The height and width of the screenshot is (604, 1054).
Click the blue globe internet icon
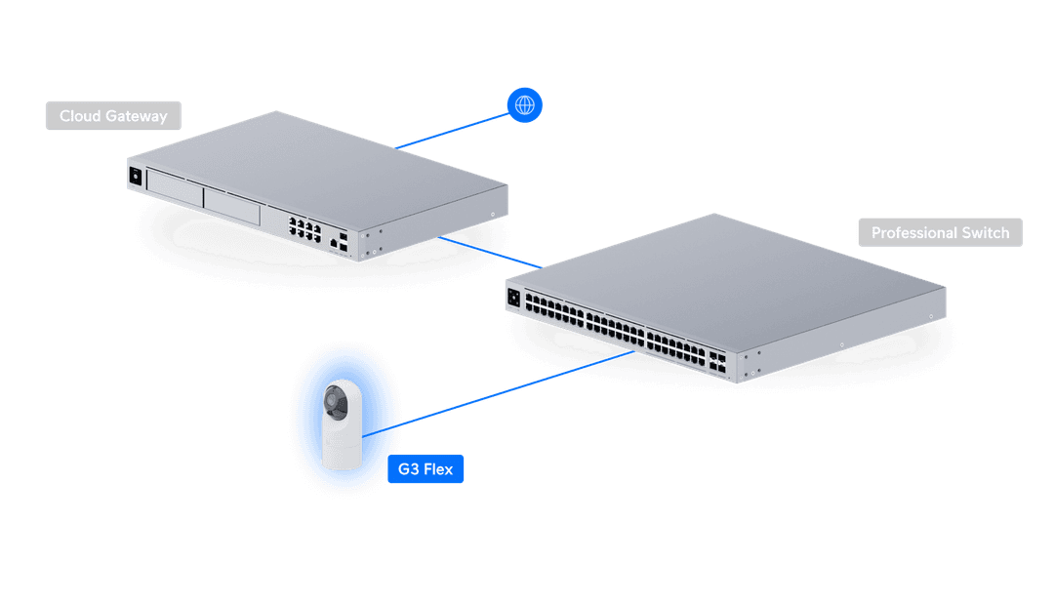pyautogui.click(x=525, y=104)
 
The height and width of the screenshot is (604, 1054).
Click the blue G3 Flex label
pyautogui.click(x=425, y=469)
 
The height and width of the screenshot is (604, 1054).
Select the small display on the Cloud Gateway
pyautogui.click(x=135, y=176)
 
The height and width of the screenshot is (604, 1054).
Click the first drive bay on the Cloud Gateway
pyautogui.click(x=174, y=189)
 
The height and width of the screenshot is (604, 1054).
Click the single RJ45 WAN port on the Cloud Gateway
pyautogui.click(x=336, y=239)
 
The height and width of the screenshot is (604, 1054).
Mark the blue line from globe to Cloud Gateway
pyautogui.click(x=454, y=127)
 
